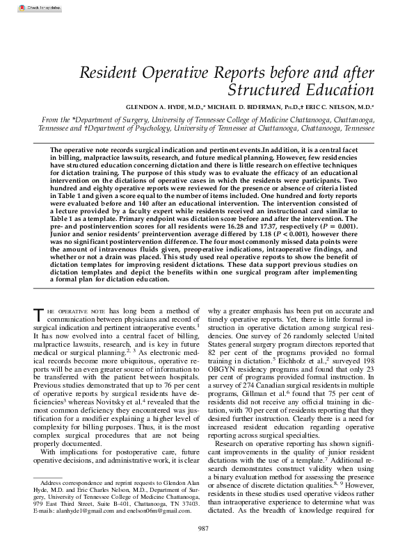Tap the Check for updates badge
coord(21,8)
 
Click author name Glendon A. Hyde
coord(160,108)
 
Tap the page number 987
coord(203,529)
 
